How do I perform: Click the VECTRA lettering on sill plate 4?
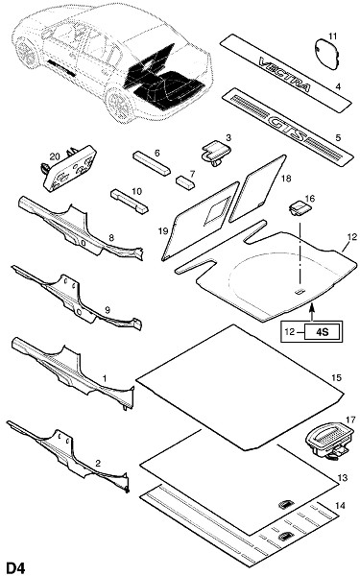coord(285,76)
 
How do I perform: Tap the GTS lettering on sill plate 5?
coord(287,129)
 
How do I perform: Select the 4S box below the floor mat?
coord(323,332)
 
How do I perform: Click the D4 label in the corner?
coord(14,567)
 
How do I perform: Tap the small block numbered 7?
coord(185,181)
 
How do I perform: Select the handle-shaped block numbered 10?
coord(130,201)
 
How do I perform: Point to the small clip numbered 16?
coord(300,208)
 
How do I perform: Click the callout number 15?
coord(336,377)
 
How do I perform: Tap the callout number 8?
coord(111,238)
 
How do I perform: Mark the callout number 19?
coord(163,231)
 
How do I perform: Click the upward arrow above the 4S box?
coord(312,311)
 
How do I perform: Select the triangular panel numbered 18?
coord(257,188)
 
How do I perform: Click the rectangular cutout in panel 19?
coord(218,209)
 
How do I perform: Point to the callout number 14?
coord(341,506)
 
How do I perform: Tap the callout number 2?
coord(98,464)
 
